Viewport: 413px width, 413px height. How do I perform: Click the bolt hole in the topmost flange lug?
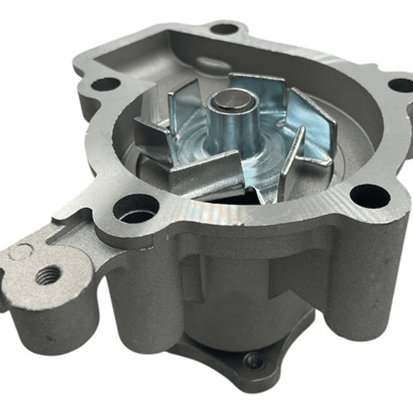tap(224, 29)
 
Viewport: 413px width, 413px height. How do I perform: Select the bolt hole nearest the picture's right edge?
tap(401, 85)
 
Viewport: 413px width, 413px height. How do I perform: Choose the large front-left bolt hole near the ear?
tap(136, 208)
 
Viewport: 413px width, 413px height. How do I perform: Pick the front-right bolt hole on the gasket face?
tap(370, 196)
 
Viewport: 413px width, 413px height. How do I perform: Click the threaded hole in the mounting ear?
tap(48, 275)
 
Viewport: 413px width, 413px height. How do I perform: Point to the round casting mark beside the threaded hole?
tap(21, 252)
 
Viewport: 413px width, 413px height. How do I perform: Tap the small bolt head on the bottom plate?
tap(254, 361)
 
